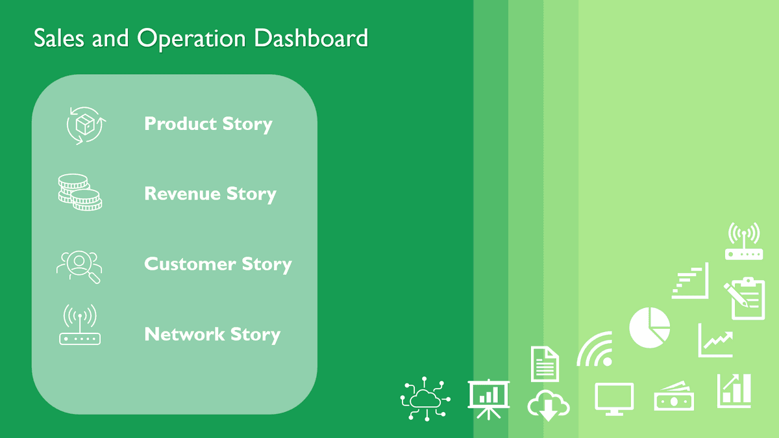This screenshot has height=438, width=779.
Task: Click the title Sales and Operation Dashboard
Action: pos(201,38)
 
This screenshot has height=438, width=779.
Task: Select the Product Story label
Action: pos(208,123)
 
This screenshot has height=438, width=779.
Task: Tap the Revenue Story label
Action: pos(210,194)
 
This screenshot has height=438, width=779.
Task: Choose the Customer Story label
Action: pos(217,264)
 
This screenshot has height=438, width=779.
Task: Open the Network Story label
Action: pos(212,334)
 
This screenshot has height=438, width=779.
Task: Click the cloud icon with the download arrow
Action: pos(548,405)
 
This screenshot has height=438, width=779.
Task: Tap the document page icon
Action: pos(545,364)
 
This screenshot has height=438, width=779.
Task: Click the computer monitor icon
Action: pos(614,397)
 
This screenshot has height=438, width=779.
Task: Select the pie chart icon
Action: pos(649,328)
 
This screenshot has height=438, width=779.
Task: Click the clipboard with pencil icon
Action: pos(745,298)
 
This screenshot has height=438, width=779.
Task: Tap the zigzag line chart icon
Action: pos(715,341)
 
